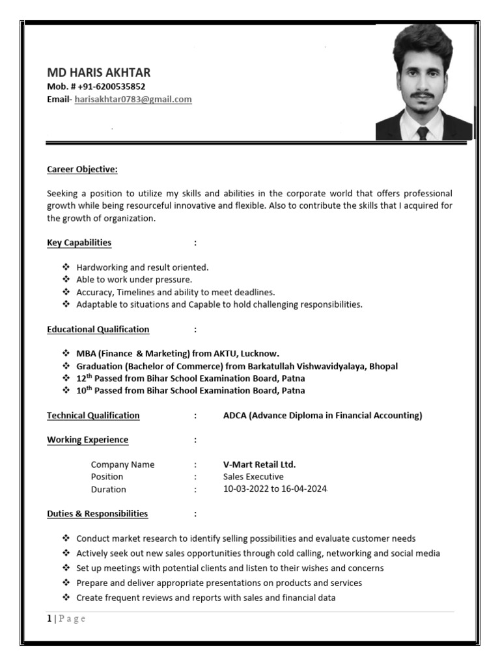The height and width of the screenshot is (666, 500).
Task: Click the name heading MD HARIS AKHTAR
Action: [98, 72]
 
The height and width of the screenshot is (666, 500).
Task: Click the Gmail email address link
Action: [133, 100]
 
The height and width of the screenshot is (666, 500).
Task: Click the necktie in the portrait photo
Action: [423, 133]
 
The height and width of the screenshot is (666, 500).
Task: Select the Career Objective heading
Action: [82, 170]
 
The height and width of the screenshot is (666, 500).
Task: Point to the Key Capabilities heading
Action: [79, 243]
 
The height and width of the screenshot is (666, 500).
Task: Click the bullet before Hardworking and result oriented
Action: [66, 267]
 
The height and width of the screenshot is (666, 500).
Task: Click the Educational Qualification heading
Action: [98, 329]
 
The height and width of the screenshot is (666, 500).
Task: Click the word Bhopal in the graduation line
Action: [383, 366]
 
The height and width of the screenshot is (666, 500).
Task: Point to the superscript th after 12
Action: [90, 376]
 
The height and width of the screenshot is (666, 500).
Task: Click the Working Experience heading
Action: [87, 440]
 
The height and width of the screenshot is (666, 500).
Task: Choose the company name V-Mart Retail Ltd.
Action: [259, 464]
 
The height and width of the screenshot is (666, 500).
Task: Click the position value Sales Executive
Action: [253, 477]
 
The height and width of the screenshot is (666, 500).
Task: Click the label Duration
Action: [108, 489]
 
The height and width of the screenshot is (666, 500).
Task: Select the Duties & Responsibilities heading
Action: [97, 514]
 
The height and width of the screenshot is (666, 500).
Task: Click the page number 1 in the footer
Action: [49, 619]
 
